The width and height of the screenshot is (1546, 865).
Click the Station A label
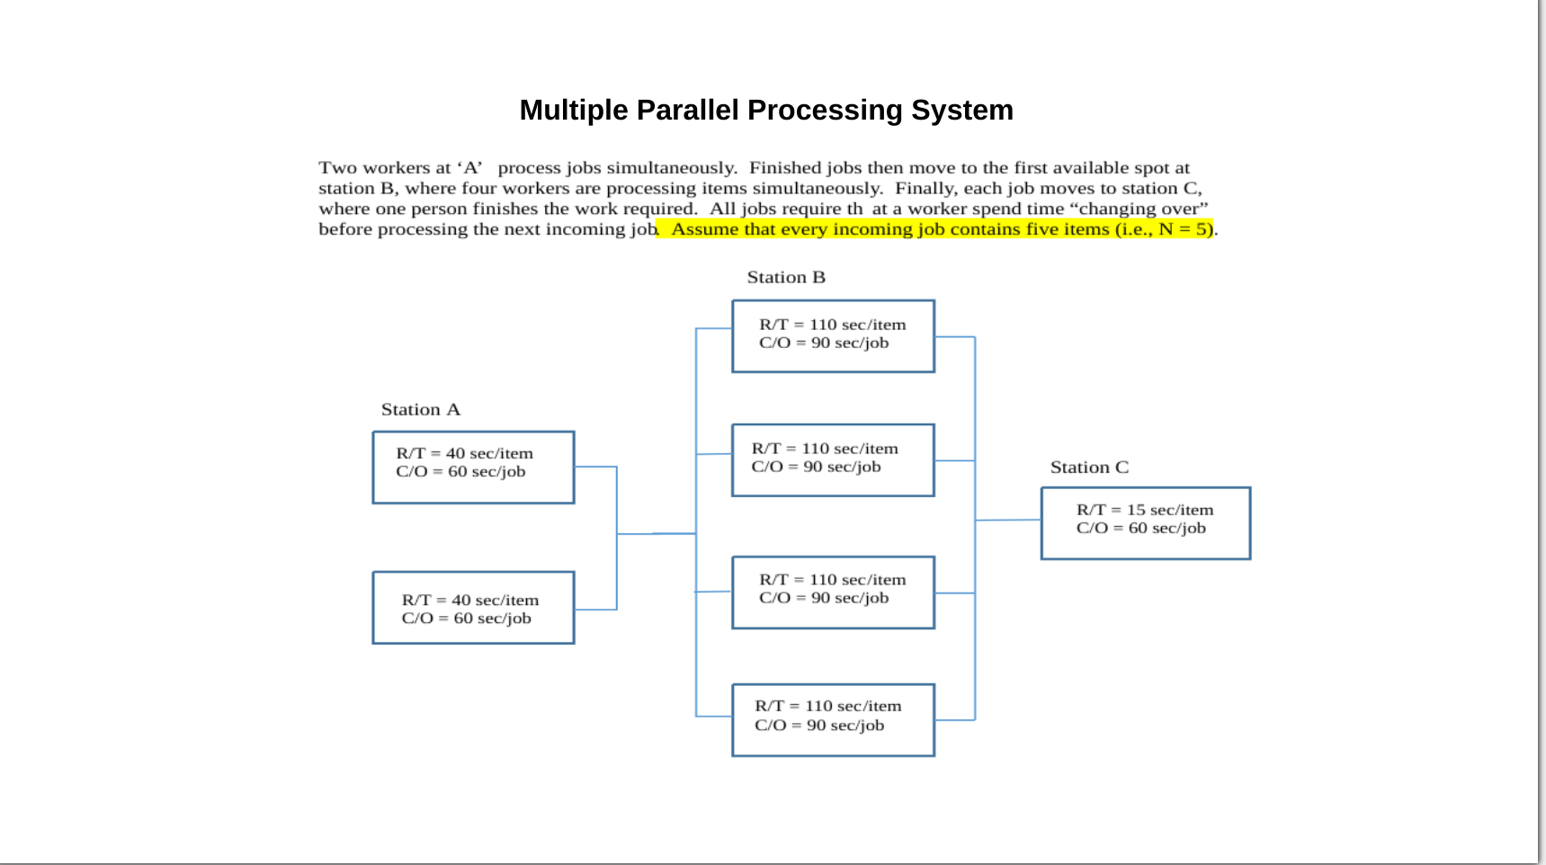(x=420, y=410)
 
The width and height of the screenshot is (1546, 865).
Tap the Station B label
(x=785, y=278)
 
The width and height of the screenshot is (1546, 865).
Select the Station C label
(x=1088, y=468)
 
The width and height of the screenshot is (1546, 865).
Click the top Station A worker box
(x=473, y=468)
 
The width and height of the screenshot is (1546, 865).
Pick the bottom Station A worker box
(x=473, y=608)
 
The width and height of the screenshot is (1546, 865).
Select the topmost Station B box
(x=833, y=336)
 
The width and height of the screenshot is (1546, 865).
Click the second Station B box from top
(x=833, y=460)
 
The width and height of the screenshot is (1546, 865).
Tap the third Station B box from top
(x=833, y=593)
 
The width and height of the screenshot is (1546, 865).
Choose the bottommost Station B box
(x=833, y=720)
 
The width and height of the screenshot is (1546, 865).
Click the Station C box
(x=1145, y=523)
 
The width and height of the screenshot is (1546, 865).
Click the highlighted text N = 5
(x=1183, y=229)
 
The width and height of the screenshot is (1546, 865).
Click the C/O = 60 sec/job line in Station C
(x=1140, y=529)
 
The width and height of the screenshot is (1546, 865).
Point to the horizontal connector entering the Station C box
(x=1008, y=520)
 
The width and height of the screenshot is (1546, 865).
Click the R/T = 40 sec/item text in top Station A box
(x=464, y=453)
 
